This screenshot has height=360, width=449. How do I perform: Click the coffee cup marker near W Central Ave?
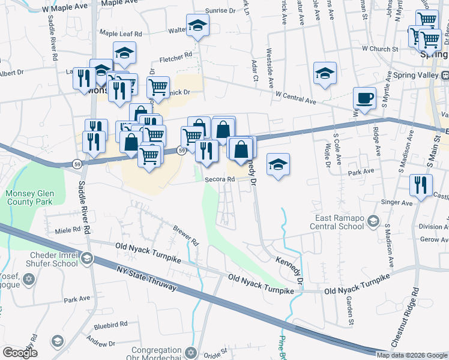364,98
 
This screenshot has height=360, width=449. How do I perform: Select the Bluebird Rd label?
110,324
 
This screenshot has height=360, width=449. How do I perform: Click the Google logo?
20,353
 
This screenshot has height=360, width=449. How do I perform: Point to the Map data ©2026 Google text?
412,355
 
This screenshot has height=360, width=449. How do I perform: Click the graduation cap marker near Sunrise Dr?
196,26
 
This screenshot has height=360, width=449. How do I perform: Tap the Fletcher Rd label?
175,58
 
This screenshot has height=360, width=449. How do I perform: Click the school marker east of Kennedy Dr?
278,164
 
